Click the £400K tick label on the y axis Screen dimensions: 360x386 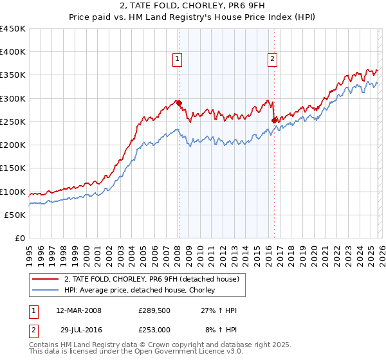click(x=13, y=52)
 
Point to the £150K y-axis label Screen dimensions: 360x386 click(x=13, y=168)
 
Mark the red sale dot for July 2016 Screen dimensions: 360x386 click(x=275, y=120)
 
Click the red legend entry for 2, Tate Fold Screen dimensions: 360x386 click(x=152, y=279)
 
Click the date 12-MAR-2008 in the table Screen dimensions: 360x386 click(x=78, y=310)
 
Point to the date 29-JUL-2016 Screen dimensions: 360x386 click(x=78, y=329)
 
